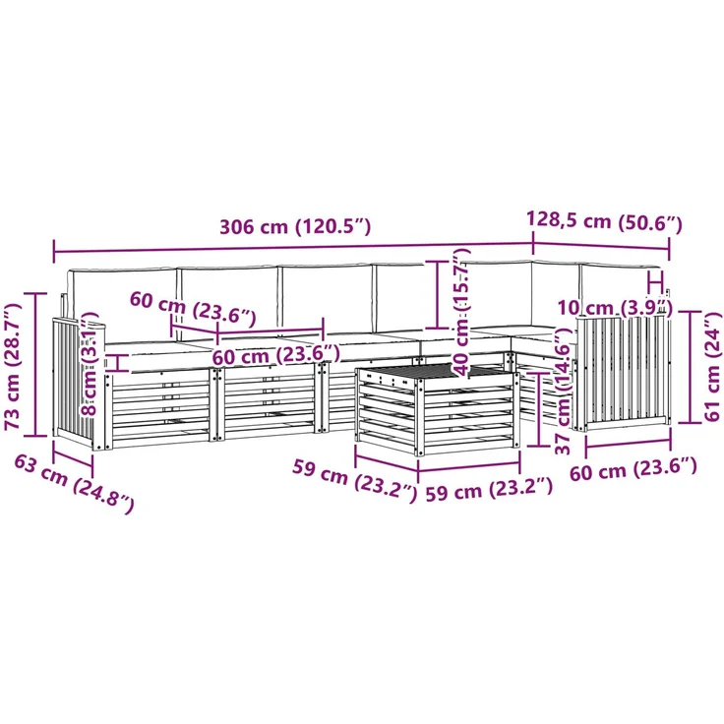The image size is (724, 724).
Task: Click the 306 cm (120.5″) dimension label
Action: tap(294, 226)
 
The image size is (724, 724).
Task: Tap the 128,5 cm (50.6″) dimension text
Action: tap(604, 221)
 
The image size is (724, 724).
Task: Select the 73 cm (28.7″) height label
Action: tap(13, 367)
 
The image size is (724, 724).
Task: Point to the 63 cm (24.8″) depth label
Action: tap(74, 483)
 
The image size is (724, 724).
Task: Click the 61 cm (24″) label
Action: tap(712, 366)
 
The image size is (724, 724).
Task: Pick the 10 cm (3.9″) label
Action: tap(615, 308)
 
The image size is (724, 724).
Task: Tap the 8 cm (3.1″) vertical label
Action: tap(90, 364)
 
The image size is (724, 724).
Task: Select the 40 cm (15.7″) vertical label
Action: tap(460, 311)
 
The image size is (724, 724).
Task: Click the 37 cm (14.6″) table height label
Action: tap(563, 392)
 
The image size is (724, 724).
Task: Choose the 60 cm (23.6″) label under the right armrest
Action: tap(633, 469)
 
